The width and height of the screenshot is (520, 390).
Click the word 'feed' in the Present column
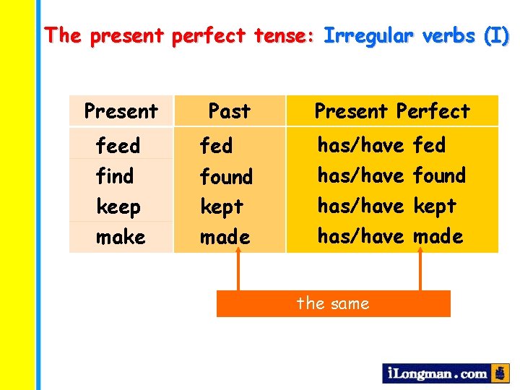point(118,146)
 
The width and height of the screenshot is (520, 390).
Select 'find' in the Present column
point(115,176)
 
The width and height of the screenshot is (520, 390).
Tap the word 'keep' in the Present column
point(118,207)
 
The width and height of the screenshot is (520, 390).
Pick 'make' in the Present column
point(121,237)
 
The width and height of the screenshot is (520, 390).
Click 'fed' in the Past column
point(216,146)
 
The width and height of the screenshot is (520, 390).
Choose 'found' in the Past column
point(226,176)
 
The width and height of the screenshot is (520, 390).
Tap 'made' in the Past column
point(225,237)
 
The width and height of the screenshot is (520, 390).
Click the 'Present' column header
point(121,111)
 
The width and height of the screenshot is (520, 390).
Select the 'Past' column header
point(229,111)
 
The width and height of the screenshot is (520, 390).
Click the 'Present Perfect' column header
point(391,111)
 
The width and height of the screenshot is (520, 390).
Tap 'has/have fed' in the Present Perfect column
point(381,145)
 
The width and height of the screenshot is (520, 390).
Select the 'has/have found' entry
point(391,175)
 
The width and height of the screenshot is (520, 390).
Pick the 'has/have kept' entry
point(387,206)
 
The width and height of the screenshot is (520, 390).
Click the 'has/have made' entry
point(390,236)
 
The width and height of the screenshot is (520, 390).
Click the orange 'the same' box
point(333,303)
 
